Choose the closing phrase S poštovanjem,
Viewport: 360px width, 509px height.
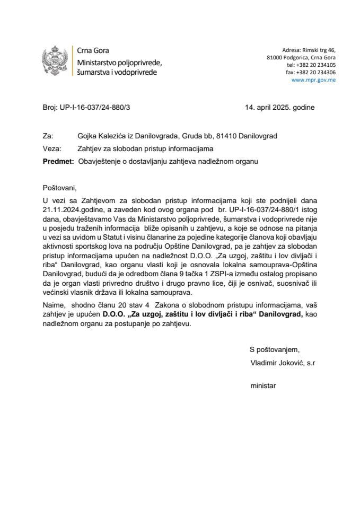tap(274, 349)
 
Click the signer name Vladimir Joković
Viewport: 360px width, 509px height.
tap(277, 362)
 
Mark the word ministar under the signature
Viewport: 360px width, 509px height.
tap(264, 387)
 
